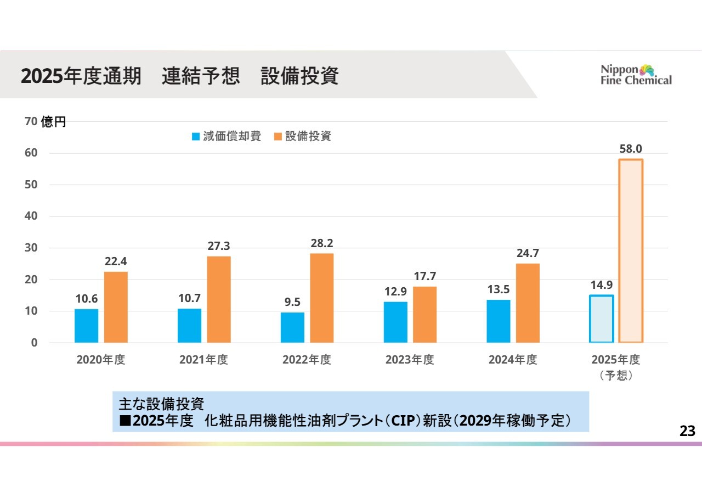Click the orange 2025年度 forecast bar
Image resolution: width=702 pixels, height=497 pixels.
pyautogui.click(x=631, y=251)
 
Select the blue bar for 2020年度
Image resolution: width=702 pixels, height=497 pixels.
pyautogui.click(x=86, y=326)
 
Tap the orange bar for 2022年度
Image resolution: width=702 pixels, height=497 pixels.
pyautogui.click(x=322, y=298)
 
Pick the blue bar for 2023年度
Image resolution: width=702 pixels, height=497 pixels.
pyautogui.click(x=395, y=322)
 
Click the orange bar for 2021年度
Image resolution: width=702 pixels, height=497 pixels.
pyautogui.click(x=219, y=299)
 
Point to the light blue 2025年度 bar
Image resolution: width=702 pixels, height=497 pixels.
pyautogui.click(x=601, y=319)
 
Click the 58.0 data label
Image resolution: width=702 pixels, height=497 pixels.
pyautogui.click(x=631, y=148)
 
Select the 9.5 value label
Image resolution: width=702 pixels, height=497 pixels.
pyautogui.click(x=292, y=302)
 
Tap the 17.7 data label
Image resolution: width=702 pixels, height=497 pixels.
pyautogui.click(x=425, y=276)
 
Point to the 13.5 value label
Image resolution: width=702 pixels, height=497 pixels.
pyautogui.click(x=498, y=289)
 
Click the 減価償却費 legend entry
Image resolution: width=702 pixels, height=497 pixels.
pyautogui.click(x=226, y=137)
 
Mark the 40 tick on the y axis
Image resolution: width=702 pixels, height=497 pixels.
pyautogui.click(x=31, y=216)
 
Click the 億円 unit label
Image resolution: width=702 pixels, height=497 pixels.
pyautogui.click(x=54, y=122)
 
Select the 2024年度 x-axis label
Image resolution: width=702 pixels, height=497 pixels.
pyautogui.click(x=513, y=360)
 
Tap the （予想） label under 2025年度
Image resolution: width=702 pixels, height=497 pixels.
pyautogui.click(x=615, y=376)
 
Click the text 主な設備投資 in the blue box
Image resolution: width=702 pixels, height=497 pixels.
pyautogui.click(x=161, y=404)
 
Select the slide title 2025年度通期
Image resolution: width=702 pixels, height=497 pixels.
pyautogui.click(x=81, y=76)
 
